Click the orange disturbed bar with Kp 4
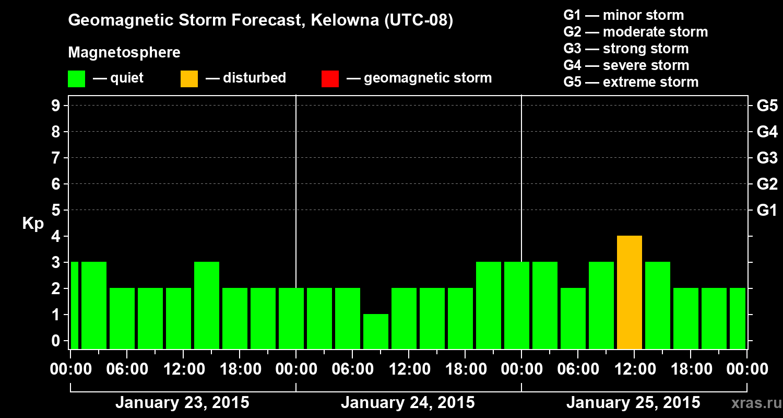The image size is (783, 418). pos(629,293)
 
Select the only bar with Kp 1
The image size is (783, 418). pos(376,331)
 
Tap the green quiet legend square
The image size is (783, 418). pos(76,78)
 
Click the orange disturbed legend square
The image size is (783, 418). pos(189,78)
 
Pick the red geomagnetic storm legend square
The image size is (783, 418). pos(330,78)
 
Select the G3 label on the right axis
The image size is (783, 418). pos(767,158)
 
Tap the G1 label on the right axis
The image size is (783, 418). pos(767,210)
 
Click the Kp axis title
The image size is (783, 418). pos(33,224)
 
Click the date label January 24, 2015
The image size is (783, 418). pos(408,403)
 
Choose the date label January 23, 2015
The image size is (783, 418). pos(182,403)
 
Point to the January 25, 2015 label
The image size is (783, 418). pos(633,403)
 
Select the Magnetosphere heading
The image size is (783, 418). pos(124,53)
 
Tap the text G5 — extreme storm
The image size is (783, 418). pos(631,82)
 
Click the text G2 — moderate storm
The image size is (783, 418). pos(635,32)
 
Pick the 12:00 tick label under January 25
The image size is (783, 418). pos(634,369)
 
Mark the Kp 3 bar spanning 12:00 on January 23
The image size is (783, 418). pos(207,305)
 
